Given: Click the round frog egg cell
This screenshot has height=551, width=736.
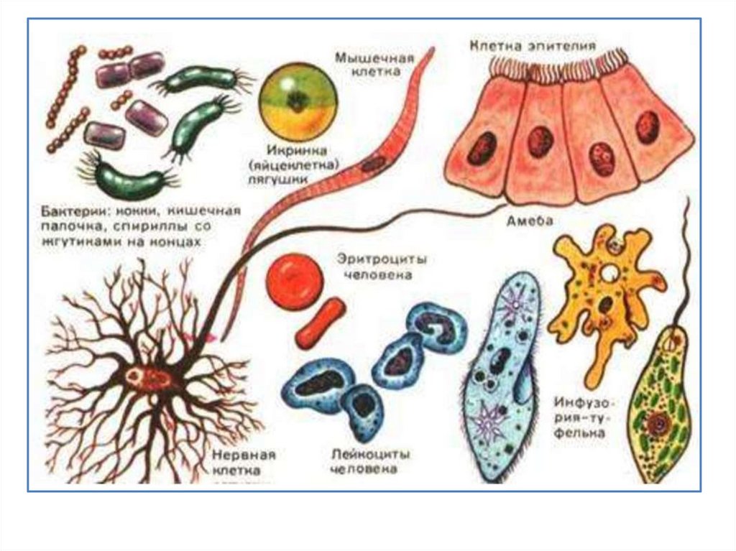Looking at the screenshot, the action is click(x=298, y=103).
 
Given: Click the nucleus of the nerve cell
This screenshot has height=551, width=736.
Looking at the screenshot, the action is click(x=137, y=376).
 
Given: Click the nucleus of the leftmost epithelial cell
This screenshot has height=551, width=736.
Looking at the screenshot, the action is click(x=481, y=147).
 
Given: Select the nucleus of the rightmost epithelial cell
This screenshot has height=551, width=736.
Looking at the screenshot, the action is click(x=647, y=127).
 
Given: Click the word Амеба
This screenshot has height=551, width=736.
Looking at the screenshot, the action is click(x=524, y=221).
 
